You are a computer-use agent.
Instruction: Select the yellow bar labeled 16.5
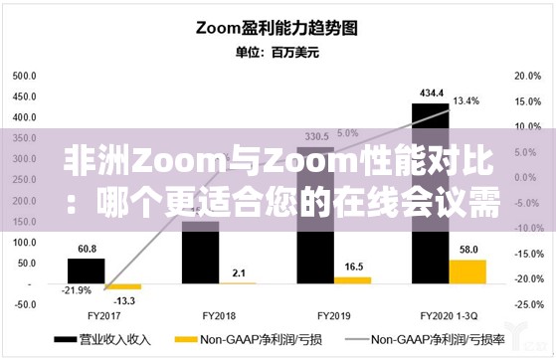[352, 280]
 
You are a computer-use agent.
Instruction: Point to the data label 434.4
[430, 92]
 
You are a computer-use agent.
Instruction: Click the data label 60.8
[87, 249]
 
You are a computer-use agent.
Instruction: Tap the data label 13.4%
[466, 100]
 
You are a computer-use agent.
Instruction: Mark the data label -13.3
[124, 301]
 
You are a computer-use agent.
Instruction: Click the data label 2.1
[239, 272]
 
